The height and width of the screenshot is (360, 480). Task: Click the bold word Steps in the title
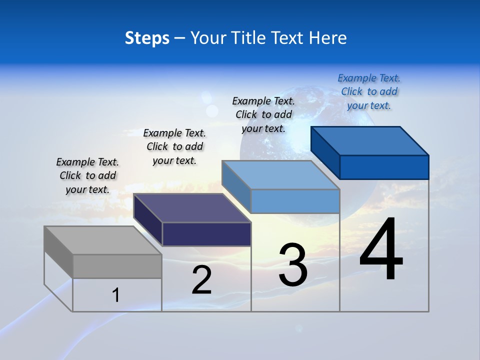(x=147, y=38)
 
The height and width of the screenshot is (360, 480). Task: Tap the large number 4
(x=381, y=249)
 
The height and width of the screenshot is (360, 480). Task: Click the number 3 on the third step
(x=293, y=265)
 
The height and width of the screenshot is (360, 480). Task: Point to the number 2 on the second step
(x=202, y=280)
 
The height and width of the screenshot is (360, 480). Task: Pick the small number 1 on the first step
(x=116, y=295)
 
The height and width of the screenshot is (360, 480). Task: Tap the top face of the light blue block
(x=280, y=175)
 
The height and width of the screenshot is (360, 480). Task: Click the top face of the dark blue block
(x=369, y=140)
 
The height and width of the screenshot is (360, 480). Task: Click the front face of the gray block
(x=117, y=266)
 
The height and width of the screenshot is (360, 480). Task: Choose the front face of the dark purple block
(x=206, y=234)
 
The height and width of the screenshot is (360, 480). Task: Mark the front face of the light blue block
(x=295, y=201)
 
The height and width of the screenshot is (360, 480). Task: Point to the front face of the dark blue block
(x=384, y=167)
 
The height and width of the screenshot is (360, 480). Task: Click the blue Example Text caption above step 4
(x=369, y=91)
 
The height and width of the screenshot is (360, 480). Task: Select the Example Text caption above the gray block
(x=87, y=175)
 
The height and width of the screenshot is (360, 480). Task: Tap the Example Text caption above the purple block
(x=174, y=146)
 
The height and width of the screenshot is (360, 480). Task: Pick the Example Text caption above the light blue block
(x=263, y=114)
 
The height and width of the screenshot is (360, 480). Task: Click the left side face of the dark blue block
(x=325, y=152)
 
